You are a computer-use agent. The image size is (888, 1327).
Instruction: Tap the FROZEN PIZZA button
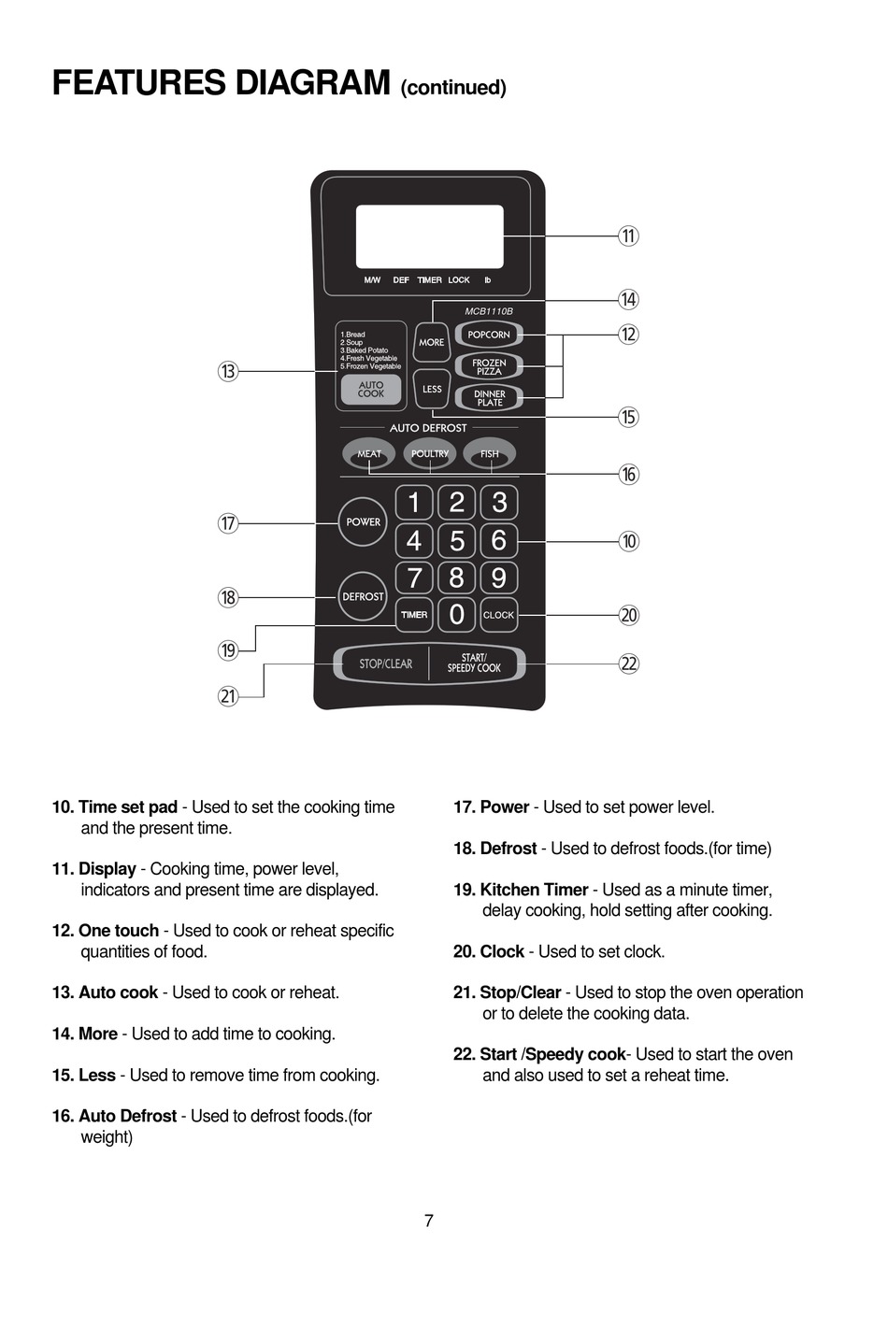(x=488, y=366)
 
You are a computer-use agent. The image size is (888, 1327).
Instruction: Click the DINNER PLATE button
(x=489, y=398)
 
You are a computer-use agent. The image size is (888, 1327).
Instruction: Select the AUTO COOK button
(x=371, y=390)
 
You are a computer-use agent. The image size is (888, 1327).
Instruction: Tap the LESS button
(x=432, y=389)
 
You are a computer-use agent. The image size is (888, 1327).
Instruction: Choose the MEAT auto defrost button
(x=369, y=454)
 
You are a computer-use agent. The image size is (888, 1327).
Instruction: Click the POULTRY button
(x=430, y=454)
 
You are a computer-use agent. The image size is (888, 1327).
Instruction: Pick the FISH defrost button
(x=490, y=454)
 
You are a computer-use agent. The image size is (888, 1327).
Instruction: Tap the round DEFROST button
(x=363, y=596)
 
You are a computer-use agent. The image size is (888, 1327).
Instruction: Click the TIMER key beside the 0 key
(x=414, y=615)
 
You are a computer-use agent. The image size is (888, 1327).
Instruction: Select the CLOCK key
(x=498, y=615)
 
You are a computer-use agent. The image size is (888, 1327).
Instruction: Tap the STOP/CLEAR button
(x=385, y=663)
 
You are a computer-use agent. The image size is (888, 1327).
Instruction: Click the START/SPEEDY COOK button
(x=474, y=663)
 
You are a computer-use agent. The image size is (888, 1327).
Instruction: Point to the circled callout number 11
(x=629, y=235)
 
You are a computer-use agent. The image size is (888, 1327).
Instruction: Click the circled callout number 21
(x=228, y=696)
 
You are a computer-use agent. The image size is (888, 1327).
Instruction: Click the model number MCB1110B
(x=489, y=311)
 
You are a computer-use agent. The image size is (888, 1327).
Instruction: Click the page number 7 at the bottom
(x=429, y=1220)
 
